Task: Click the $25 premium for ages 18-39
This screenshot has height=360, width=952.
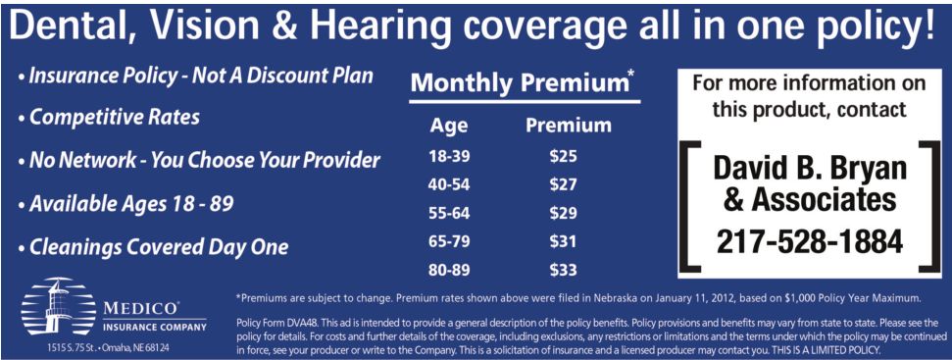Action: point(563,157)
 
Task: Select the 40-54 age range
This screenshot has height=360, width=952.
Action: point(449,185)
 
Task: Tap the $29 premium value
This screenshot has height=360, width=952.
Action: point(563,213)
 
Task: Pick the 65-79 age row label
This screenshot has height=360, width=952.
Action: point(449,241)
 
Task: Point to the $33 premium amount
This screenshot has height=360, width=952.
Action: point(563,270)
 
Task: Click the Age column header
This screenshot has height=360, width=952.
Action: point(449,127)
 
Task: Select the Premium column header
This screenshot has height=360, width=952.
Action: point(569,125)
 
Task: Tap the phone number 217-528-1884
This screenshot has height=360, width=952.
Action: point(809,242)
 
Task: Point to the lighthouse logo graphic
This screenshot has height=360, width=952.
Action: point(59,310)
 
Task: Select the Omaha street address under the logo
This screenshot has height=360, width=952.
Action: point(108,348)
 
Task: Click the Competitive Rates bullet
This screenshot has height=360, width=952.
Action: point(109,117)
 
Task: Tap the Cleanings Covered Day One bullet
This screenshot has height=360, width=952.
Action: point(153,247)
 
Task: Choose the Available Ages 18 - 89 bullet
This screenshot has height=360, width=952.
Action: point(125,204)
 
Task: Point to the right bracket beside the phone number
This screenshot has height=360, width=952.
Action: point(928,205)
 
